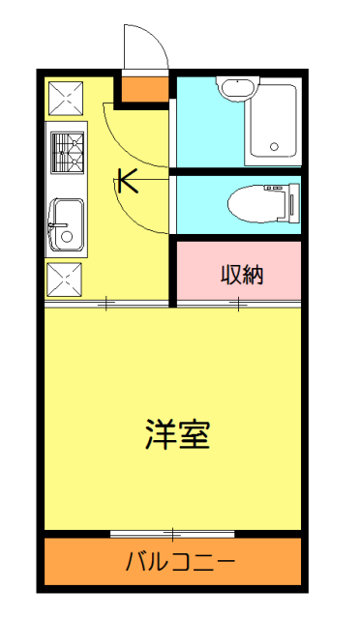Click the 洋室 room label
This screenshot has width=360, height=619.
pos(178,434)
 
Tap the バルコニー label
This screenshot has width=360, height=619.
pos(180,561)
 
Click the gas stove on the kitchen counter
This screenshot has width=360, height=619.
pos(67,150)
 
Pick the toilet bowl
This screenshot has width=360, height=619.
pos(250,204)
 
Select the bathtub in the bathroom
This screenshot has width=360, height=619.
pos(272,123)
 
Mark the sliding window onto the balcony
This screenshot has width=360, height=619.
pos(172,533)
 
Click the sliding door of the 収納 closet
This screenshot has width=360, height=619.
pos(238,306)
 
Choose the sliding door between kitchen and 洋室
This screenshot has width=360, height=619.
pos(106,306)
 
